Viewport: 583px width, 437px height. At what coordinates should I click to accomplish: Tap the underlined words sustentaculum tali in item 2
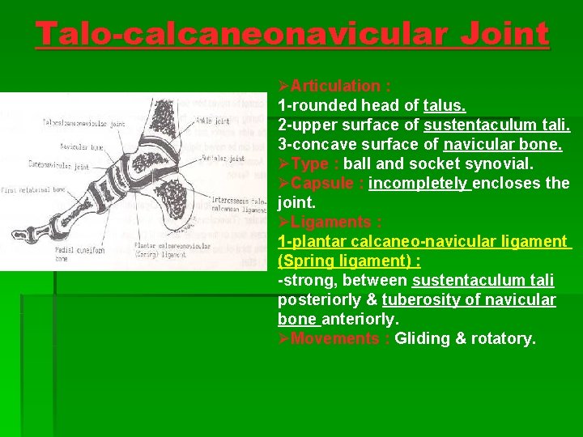pyautogui.click(x=496, y=125)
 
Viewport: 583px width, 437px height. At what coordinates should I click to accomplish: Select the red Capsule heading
pyautogui.click(x=322, y=183)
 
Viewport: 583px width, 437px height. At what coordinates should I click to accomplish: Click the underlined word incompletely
pyautogui.click(x=419, y=183)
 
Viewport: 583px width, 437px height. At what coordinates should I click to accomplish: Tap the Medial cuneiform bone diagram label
pyautogui.click(x=81, y=254)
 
